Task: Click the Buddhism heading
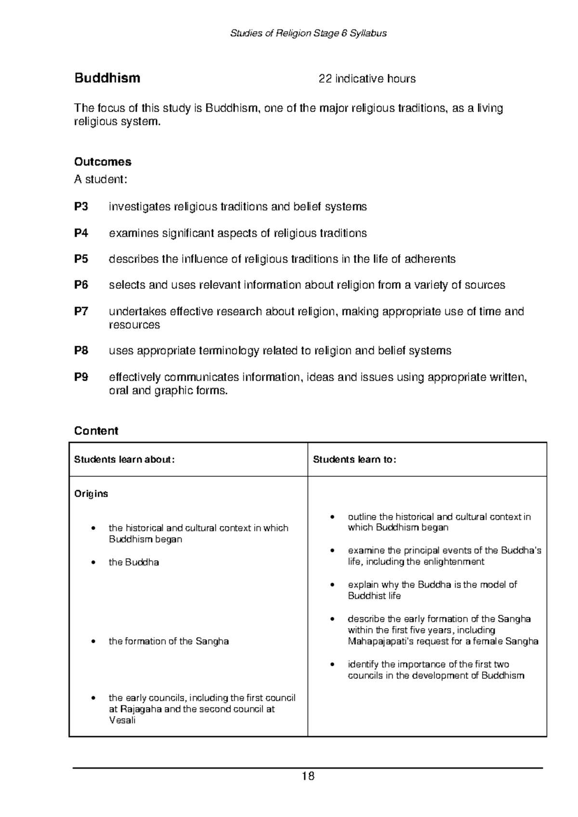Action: tap(107, 78)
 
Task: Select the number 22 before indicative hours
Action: tap(325, 79)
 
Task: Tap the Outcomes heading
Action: tap(103, 162)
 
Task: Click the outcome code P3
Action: tap(81, 207)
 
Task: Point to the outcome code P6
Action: tap(81, 285)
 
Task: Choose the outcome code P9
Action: tap(81, 377)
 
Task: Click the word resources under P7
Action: tap(134, 325)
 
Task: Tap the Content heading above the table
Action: tap(96, 431)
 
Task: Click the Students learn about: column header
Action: tap(124, 460)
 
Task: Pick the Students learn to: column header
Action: tap(355, 460)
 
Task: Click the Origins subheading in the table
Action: tap(91, 494)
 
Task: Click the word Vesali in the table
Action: tap(122, 721)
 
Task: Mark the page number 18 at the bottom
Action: tap(308, 777)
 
